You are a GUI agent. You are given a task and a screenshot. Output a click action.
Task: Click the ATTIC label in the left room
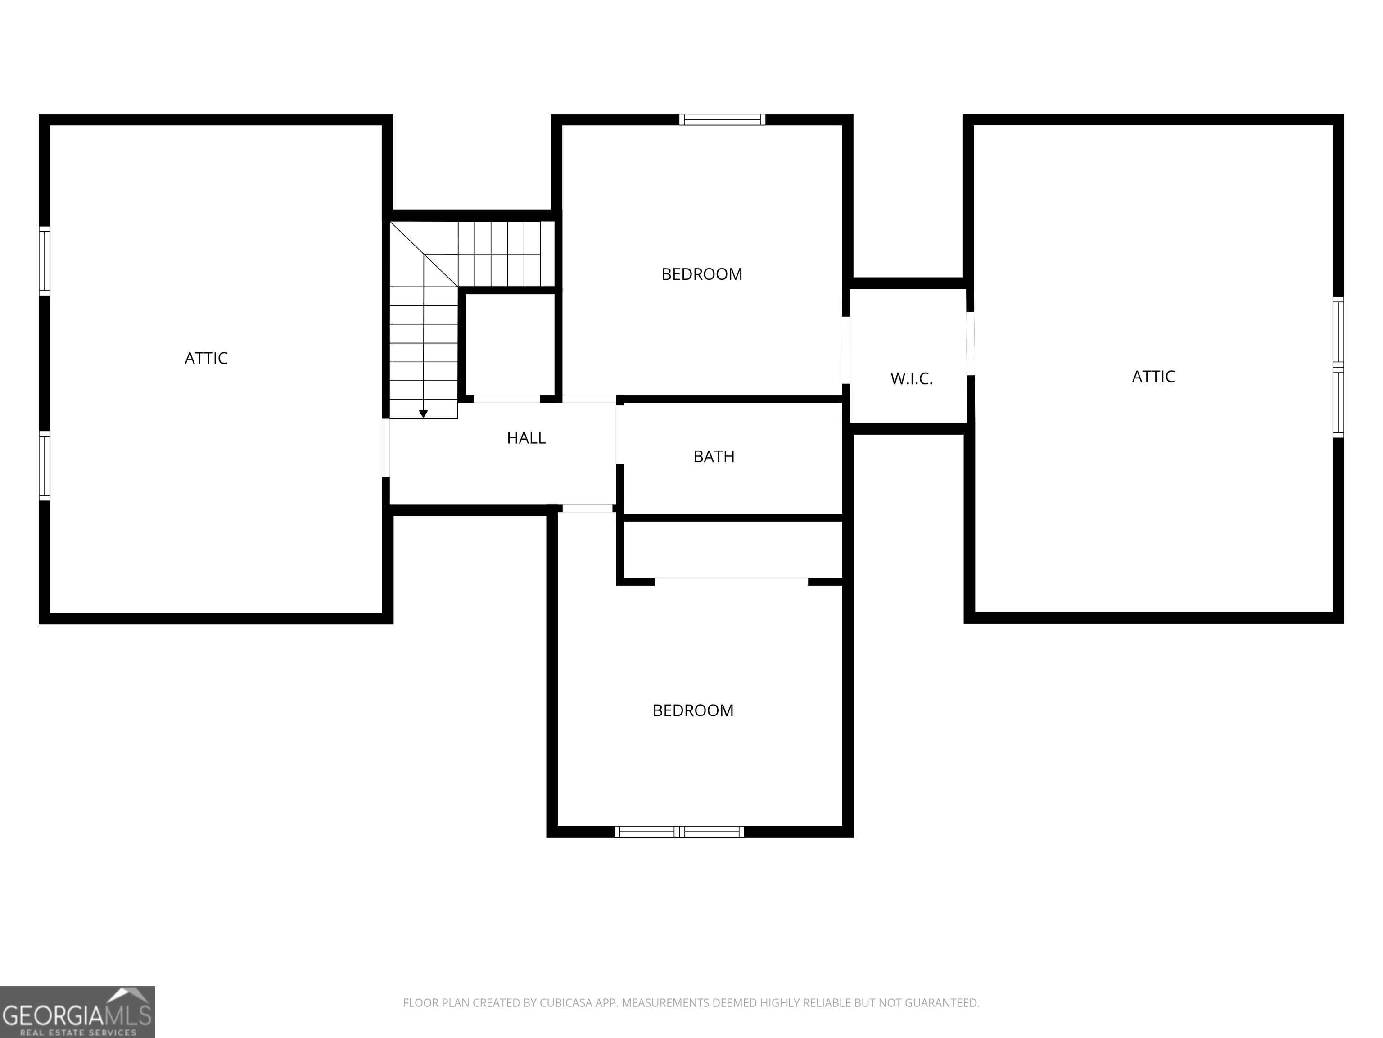click(206, 359)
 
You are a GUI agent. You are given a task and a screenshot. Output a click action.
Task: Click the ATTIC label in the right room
click(1153, 377)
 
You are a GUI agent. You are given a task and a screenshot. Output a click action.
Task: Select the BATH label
click(714, 457)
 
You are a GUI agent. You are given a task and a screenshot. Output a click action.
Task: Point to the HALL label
click(526, 438)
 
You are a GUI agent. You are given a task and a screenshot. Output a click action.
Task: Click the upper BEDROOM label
click(701, 274)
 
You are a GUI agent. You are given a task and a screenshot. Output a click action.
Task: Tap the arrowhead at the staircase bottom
click(423, 414)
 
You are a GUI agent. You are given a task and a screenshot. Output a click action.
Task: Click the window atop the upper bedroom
click(722, 119)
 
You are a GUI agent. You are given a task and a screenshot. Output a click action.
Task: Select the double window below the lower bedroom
click(679, 832)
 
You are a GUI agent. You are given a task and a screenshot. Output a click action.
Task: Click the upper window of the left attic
click(45, 260)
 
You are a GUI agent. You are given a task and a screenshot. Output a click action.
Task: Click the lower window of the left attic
click(45, 465)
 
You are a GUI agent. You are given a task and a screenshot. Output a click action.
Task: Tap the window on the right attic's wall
click(1338, 367)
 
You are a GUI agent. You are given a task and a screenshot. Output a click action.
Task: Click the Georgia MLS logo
click(77, 1012)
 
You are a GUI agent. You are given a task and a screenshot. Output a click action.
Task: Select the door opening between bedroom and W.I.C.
click(845, 350)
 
